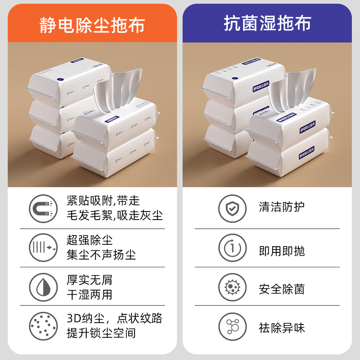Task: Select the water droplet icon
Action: [x=43, y=287]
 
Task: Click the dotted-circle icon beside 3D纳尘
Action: [x=43, y=325]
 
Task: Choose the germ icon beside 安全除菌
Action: [x=232, y=287]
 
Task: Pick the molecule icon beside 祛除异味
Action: [x=232, y=325]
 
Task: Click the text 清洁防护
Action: [x=282, y=207]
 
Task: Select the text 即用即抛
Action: [x=282, y=251]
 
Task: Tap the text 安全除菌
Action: [x=282, y=288]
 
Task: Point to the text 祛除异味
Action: [x=282, y=328]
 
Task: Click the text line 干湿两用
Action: [x=89, y=295]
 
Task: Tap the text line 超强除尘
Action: [x=89, y=240]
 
